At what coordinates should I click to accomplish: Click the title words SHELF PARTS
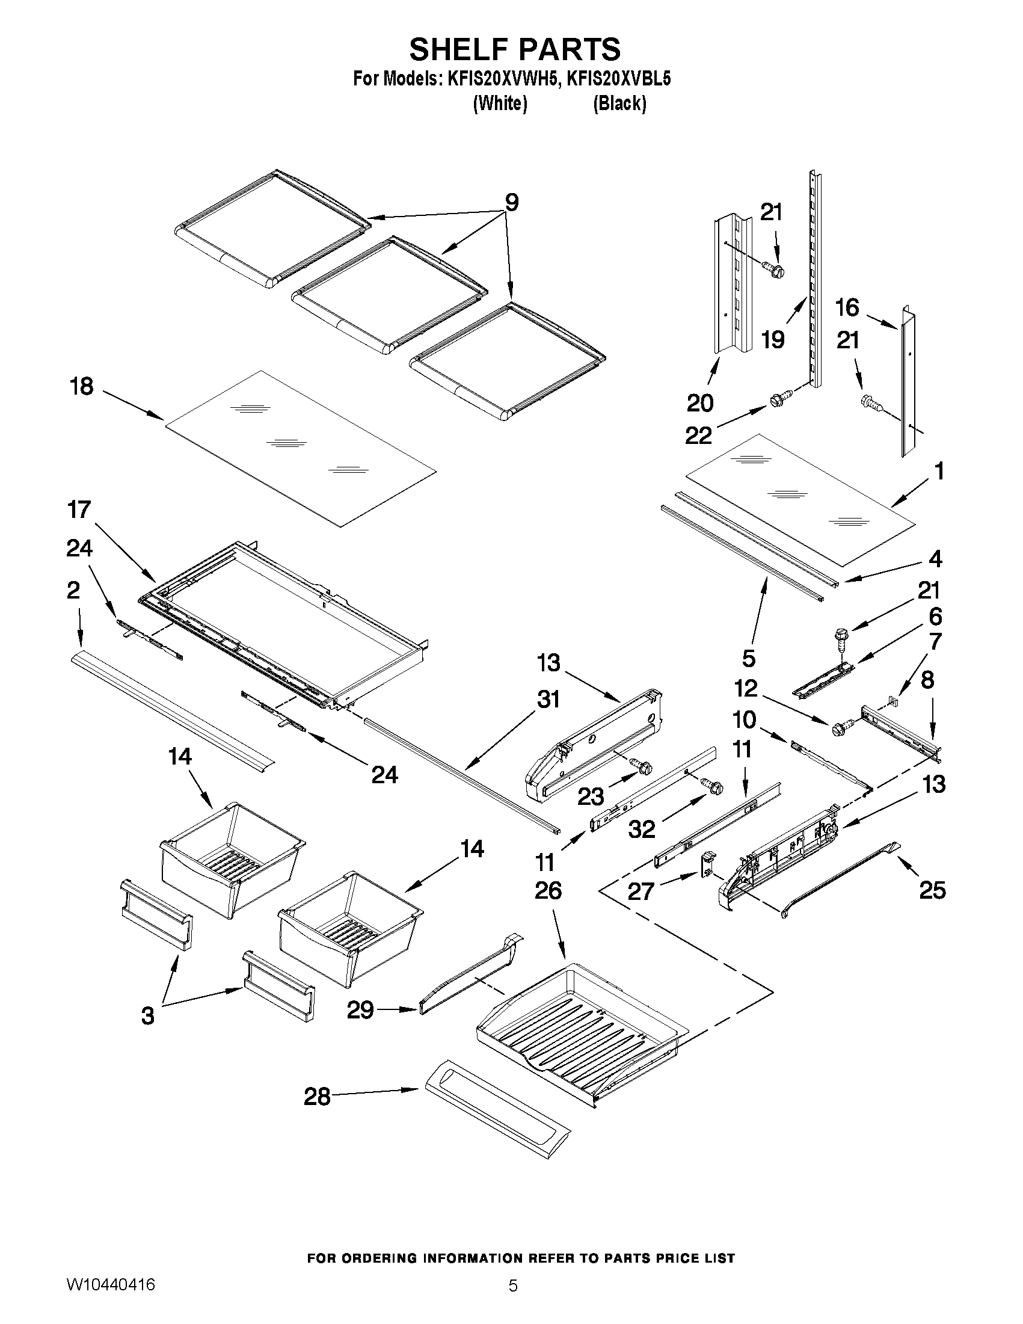click(x=514, y=49)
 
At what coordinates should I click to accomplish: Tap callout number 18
click(x=82, y=386)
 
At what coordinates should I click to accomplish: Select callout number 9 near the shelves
click(x=511, y=203)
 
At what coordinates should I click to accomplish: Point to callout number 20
click(x=699, y=402)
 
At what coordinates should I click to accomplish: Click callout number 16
click(x=847, y=308)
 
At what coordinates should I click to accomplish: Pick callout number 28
click(x=317, y=1096)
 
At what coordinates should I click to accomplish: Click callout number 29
click(x=360, y=1010)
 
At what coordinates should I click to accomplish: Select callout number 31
click(x=548, y=700)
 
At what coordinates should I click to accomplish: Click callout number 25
click(x=932, y=890)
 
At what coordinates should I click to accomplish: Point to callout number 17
click(x=79, y=510)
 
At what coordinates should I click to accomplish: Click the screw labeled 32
click(x=713, y=787)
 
